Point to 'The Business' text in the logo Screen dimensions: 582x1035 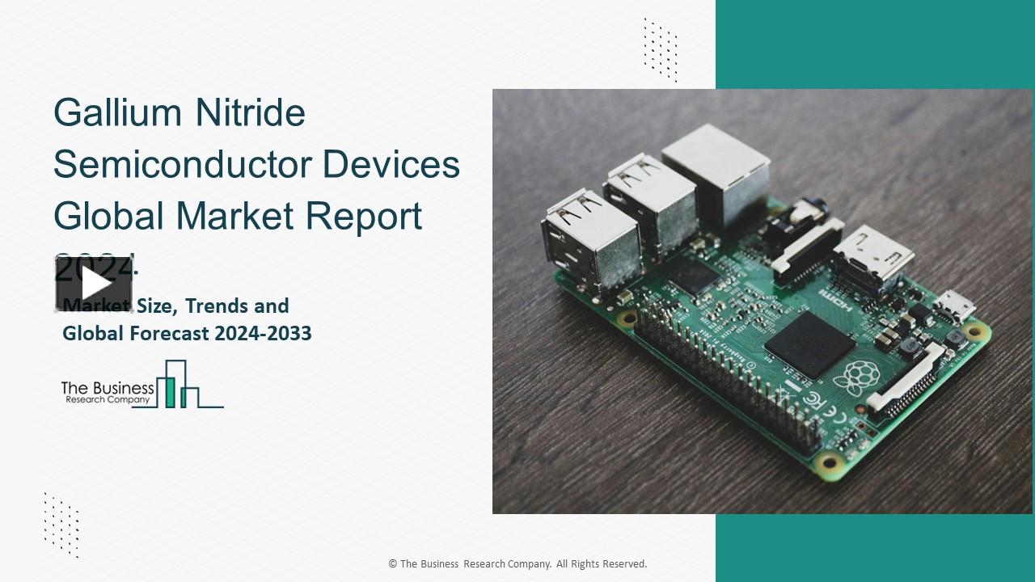pyautogui.click(x=108, y=388)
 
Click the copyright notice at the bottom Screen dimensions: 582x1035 pyautogui.click(x=517, y=563)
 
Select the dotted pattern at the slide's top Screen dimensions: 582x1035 pyautogui.click(x=660, y=48)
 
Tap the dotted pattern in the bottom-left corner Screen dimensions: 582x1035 pyautogui.click(x=61, y=525)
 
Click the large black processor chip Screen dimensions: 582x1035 pyautogui.click(x=809, y=344)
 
